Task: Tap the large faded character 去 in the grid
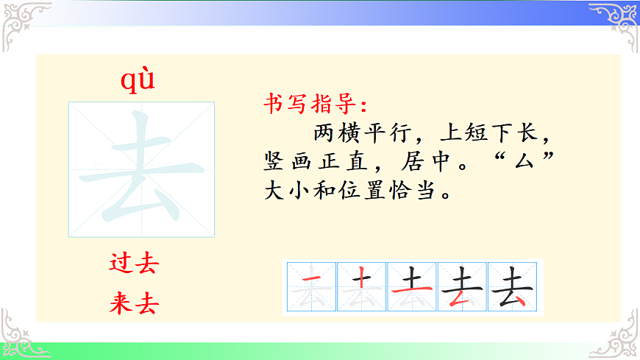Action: (142, 169)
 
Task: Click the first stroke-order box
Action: (310, 287)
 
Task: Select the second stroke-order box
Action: (361, 287)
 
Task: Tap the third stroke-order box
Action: (412, 287)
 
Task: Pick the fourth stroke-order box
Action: (463, 287)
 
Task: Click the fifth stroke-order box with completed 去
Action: (513, 287)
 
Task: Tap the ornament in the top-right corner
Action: (616, 21)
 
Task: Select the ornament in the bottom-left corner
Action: (19, 335)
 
